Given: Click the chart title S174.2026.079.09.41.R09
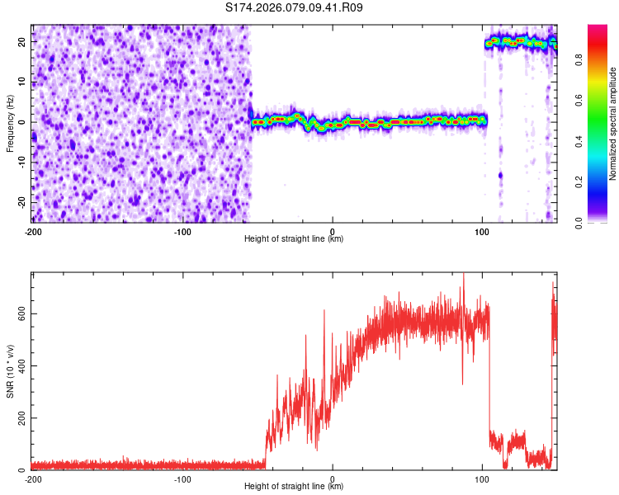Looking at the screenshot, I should click(295, 7).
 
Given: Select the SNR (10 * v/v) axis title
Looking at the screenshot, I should click(10, 371).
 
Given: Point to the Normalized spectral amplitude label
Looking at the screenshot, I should click(613, 124).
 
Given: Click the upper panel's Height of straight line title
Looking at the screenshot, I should click(294, 239).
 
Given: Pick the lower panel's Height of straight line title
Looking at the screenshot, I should click(294, 487).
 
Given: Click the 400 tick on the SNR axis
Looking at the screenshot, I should click(20, 365).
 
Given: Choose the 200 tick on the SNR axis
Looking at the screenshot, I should click(20, 418).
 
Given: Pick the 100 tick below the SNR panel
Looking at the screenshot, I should click(482, 478).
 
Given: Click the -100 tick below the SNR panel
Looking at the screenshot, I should click(182, 478).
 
